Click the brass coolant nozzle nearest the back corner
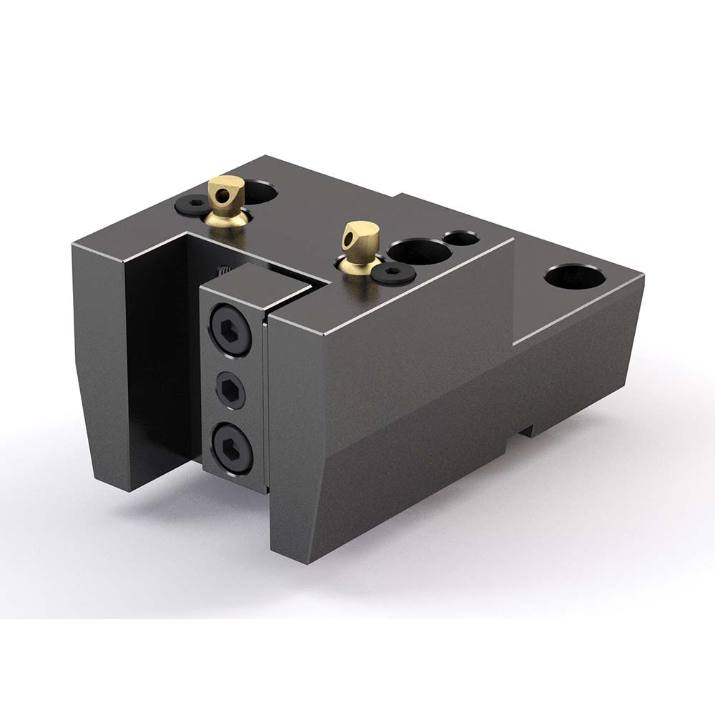pos(226,196)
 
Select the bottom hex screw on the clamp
pos(232,446)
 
